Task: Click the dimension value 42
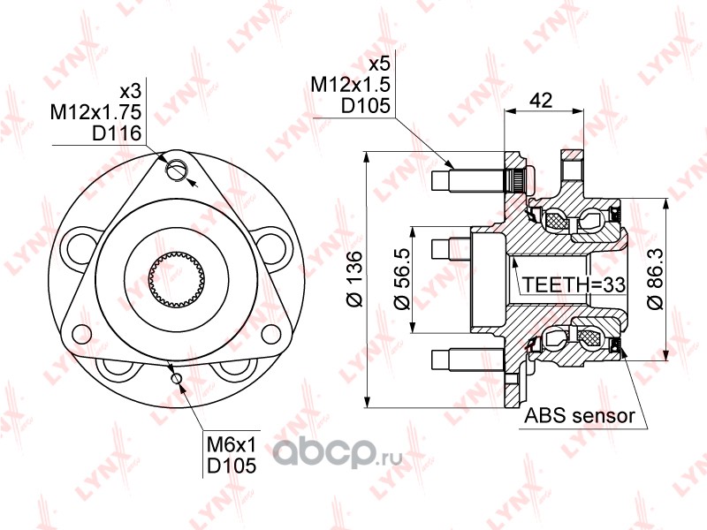pos(541,100)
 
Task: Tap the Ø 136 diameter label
pos(355,279)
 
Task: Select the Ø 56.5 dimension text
pos(402,279)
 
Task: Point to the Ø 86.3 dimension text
pos(655,279)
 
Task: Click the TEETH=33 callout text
pos(574,284)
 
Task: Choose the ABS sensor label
pos(580,415)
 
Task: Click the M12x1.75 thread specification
pos(96,112)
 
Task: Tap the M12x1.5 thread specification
pos(350,84)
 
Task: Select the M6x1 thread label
pos(232,445)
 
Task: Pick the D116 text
pos(117,133)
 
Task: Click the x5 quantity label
pos(379,64)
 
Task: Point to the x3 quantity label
pos(131,92)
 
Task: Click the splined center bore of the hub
pos(176,277)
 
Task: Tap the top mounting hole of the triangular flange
pos(176,170)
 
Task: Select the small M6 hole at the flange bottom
pos(176,378)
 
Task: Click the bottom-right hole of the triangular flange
pos(271,335)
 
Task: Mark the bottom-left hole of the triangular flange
pos(81,335)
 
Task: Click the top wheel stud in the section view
pos(468,181)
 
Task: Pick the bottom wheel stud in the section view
pos(468,360)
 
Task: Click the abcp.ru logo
pos(337,450)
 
